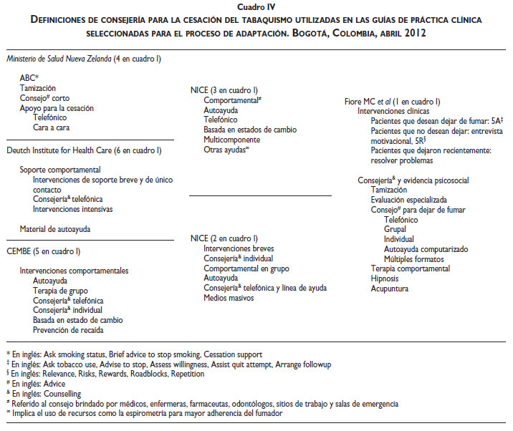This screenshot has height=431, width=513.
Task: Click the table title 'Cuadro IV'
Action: (x=256, y=6)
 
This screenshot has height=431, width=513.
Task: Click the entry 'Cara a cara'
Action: (x=51, y=127)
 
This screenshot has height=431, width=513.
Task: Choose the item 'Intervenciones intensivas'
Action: (x=72, y=209)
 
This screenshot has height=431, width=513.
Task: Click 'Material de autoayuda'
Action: (x=57, y=228)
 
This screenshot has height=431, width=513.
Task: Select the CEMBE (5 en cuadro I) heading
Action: (x=43, y=251)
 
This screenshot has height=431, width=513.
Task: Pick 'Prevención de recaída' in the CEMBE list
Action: (x=68, y=330)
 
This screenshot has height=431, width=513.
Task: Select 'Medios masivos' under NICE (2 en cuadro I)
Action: (x=229, y=297)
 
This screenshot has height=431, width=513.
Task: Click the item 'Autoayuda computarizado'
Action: (x=426, y=249)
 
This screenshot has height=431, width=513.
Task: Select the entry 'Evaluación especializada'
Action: (x=408, y=200)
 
